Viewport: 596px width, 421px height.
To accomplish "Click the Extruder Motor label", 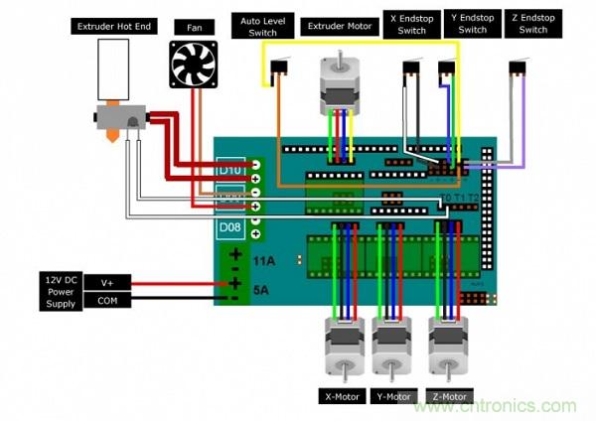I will click(339, 25).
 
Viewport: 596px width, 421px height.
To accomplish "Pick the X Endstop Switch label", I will click(411, 24).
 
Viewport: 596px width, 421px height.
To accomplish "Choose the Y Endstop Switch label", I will click(473, 24).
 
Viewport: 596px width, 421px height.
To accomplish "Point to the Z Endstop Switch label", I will click(532, 24).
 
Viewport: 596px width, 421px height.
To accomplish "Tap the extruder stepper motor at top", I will click(339, 84).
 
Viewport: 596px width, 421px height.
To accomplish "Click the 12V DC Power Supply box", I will click(62, 290).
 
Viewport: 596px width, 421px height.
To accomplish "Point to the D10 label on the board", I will click(230, 170).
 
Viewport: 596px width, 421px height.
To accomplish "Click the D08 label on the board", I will click(230, 229).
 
